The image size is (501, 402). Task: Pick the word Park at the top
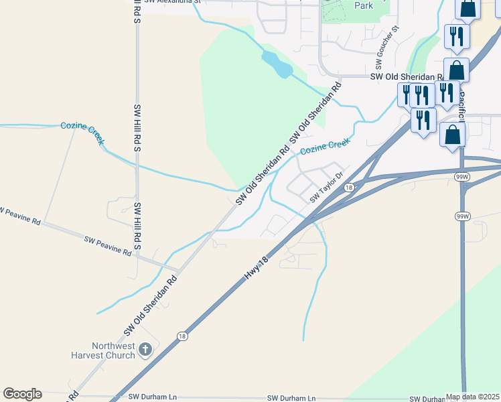point(363,5)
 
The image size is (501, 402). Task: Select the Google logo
point(21,394)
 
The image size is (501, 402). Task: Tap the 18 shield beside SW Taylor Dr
point(348,188)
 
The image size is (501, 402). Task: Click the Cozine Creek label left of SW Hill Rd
point(82,130)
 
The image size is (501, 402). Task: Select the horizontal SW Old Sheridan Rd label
point(408,78)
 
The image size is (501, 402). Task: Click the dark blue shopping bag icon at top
point(469,8)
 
